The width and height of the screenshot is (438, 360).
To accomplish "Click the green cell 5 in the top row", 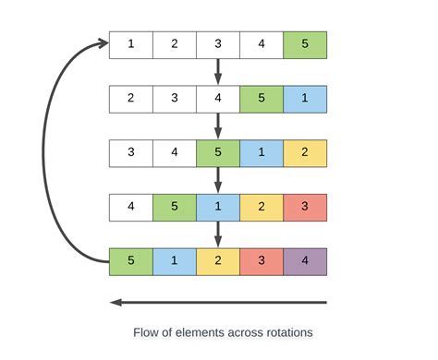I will tap(305, 44).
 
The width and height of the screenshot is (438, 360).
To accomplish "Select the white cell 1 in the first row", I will tap(131, 44).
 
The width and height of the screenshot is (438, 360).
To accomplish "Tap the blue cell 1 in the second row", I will tap(305, 99).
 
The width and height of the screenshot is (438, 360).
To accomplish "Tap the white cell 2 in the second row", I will tap(131, 99).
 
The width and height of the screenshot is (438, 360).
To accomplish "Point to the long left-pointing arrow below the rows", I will tap(218, 302).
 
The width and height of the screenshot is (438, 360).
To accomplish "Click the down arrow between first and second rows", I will tap(218, 71).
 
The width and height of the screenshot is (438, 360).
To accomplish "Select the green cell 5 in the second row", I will tap(262, 99).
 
